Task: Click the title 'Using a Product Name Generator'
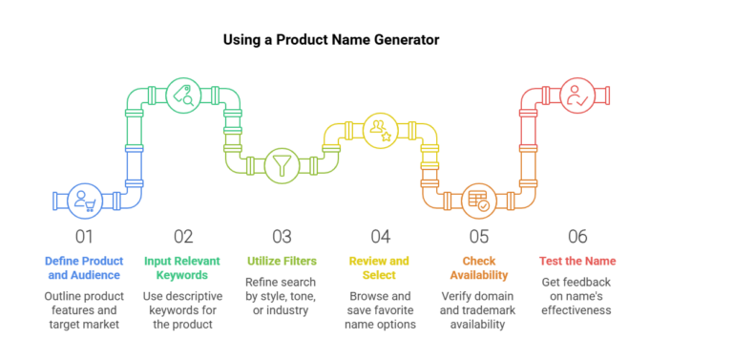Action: (331, 40)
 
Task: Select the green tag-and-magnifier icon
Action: (182, 95)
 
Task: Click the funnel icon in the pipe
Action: (281, 164)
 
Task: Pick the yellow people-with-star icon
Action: (379, 130)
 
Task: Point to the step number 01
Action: (84, 236)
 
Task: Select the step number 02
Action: (183, 236)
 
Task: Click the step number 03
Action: (281, 236)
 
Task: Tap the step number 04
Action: (380, 236)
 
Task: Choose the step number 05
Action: (477, 236)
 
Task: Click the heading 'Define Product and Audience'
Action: (85, 267)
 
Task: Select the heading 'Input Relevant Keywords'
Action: (183, 267)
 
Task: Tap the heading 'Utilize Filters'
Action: (281, 261)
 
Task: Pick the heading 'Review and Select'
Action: (379, 267)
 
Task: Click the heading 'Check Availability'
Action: (477, 267)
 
